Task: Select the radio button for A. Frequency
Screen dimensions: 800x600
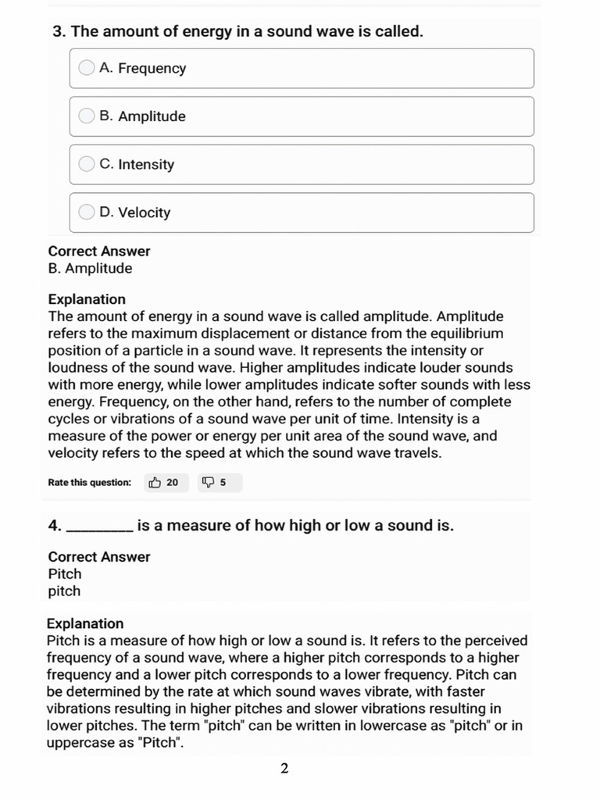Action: click(x=87, y=68)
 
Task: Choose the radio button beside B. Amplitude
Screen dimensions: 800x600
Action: click(x=87, y=116)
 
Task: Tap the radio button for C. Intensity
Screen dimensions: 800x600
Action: click(x=87, y=164)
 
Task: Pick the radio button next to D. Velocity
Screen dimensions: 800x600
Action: click(x=87, y=212)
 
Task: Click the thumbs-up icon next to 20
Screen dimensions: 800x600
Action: click(x=155, y=483)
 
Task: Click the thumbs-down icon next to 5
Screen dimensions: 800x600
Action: click(x=208, y=483)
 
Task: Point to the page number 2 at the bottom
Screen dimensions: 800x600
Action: click(x=284, y=769)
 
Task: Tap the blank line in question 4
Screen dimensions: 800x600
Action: click(x=100, y=527)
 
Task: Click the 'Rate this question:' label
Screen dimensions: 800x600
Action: click(x=90, y=483)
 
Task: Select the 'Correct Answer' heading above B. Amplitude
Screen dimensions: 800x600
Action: click(x=99, y=252)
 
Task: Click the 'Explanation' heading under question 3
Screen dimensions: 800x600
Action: click(x=87, y=299)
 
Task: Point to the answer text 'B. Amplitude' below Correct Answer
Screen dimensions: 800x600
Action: click(x=90, y=269)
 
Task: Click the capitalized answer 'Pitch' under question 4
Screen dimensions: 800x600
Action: click(x=65, y=574)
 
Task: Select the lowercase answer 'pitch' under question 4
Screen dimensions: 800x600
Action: click(x=64, y=591)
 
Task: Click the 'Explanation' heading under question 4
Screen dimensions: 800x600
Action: click(x=85, y=623)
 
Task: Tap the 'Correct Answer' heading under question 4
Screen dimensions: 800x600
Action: click(x=99, y=557)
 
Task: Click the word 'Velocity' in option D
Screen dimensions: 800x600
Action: click(x=144, y=212)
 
